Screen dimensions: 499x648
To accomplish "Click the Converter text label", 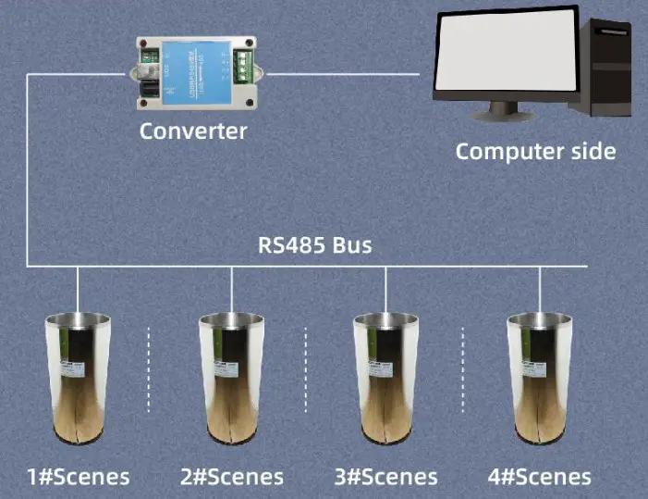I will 193,131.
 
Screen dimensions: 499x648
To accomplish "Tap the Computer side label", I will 535,151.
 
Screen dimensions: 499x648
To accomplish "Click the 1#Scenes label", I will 79,477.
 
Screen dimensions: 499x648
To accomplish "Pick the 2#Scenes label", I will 232,477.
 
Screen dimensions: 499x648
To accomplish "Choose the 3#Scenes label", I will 385,477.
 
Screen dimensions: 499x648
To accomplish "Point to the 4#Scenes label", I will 539,477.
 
